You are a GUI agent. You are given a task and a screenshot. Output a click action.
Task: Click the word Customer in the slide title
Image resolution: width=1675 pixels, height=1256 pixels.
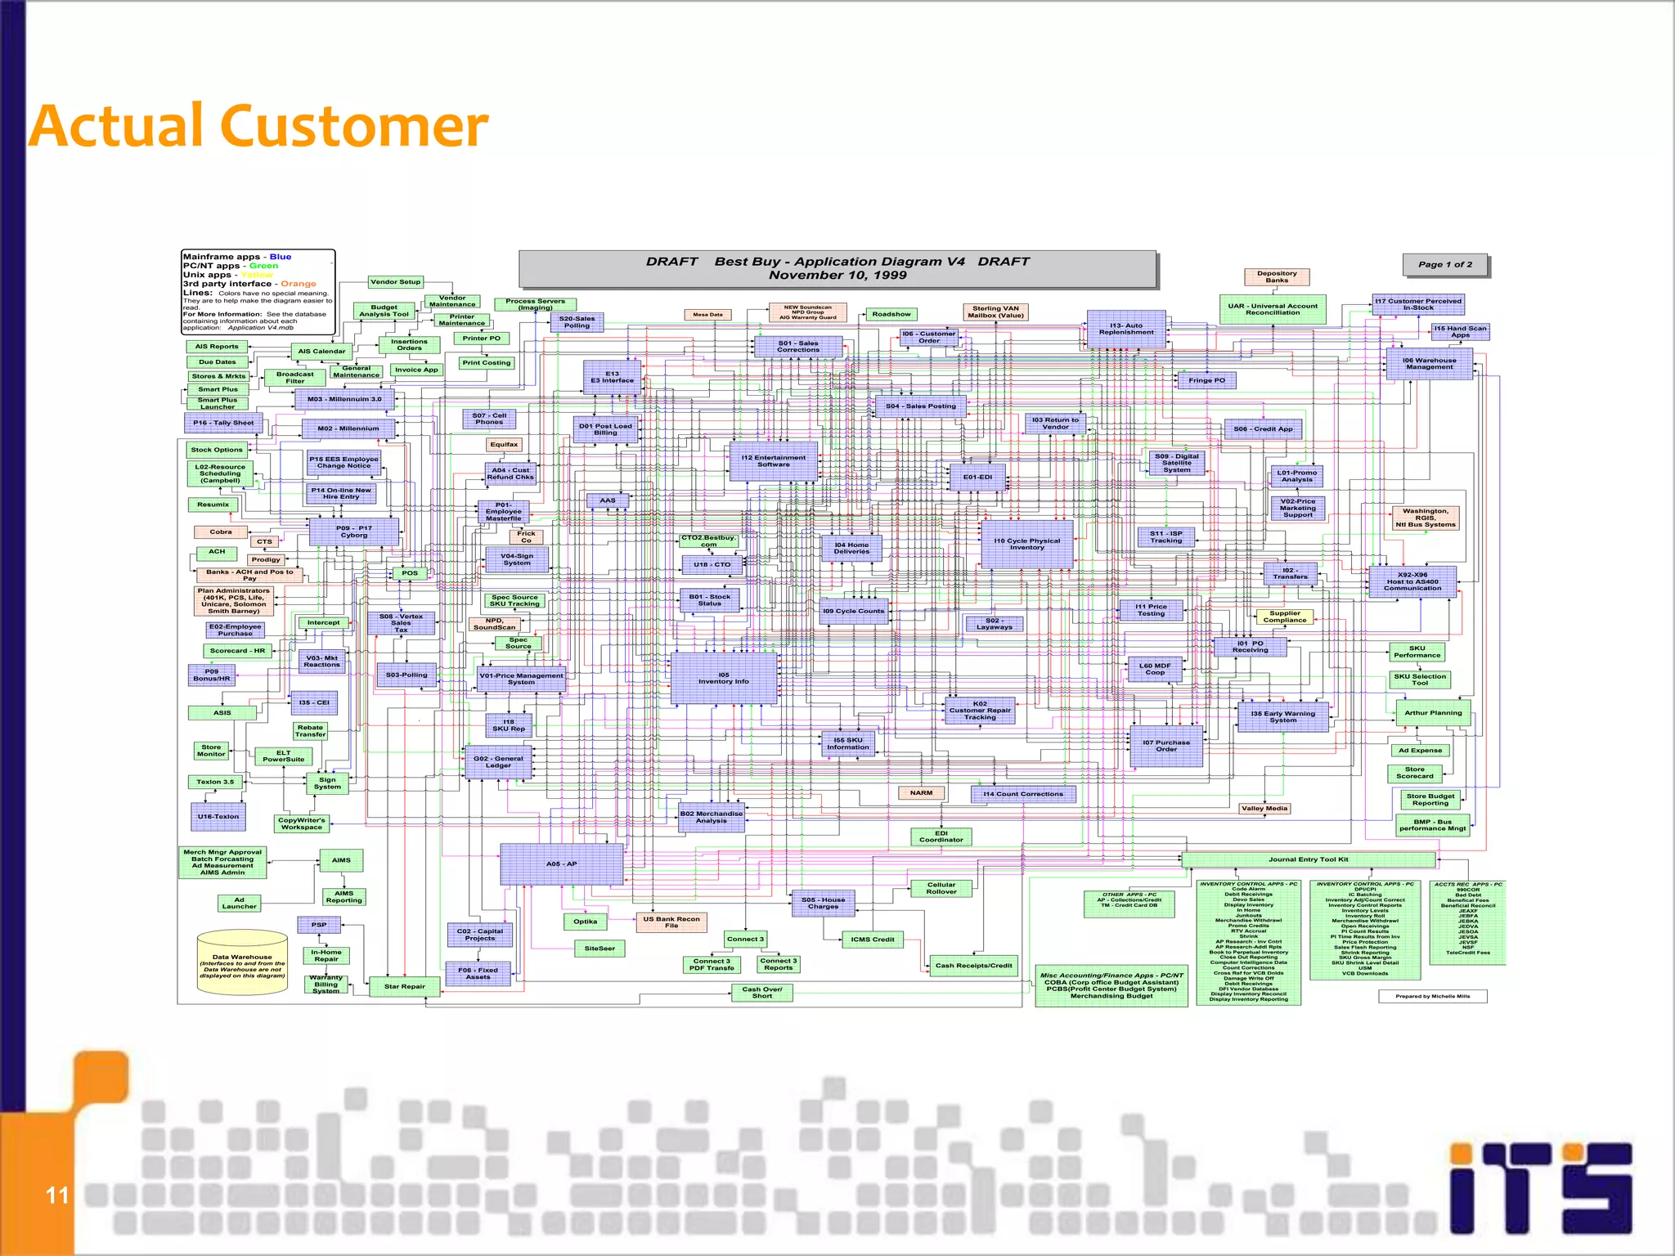(355, 128)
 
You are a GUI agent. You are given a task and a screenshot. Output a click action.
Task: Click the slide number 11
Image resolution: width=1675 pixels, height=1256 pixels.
(56, 1195)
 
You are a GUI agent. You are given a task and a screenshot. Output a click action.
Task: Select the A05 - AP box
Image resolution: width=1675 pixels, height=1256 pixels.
(562, 864)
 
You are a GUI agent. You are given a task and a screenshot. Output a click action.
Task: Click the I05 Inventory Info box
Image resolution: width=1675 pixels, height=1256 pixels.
(723, 678)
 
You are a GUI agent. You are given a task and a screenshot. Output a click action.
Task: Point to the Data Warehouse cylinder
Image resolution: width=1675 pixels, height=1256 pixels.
(242, 962)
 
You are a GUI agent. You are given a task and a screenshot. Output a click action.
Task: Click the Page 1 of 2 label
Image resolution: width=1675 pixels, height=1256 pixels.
(1444, 265)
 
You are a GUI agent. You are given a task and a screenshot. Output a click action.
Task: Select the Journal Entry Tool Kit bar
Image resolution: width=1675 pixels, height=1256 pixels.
(1308, 859)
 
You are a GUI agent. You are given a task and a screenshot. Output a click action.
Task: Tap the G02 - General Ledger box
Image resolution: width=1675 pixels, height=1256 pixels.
(498, 762)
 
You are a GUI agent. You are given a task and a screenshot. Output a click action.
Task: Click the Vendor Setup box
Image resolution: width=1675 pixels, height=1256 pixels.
(395, 282)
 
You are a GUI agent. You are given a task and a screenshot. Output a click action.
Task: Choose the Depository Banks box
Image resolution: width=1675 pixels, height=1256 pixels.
(1277, 277)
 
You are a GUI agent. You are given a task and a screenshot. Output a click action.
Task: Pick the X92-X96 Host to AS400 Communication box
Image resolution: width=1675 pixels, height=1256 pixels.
(1412, 581)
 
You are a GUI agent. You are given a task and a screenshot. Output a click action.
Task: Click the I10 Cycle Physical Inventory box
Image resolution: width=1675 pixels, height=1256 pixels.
(1026, 545)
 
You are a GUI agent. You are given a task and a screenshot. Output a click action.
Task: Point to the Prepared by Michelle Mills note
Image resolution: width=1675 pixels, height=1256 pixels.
(1432, 996)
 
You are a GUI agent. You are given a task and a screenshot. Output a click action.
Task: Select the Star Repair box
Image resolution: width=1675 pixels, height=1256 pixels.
(405, 986)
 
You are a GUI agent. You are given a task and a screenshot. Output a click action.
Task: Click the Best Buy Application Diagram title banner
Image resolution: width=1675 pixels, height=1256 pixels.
(837, 268)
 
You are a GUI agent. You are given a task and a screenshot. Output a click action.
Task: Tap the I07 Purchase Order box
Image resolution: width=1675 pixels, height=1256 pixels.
(1166, 746)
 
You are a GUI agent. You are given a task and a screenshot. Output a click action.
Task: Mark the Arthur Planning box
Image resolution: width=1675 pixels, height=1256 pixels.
(1433, 713)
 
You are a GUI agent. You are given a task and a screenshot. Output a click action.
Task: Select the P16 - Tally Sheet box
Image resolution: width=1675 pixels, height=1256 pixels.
(222, 423)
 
